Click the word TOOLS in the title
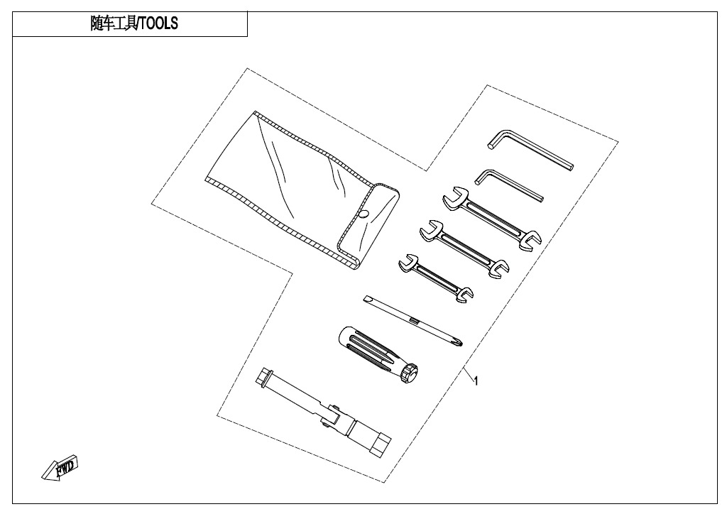coord(158,23)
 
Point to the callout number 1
coord(476,381)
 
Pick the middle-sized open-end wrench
coord(464,249)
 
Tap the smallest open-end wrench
coord(436,278)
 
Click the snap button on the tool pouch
coord(363,214)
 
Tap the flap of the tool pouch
coord(369,225)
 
